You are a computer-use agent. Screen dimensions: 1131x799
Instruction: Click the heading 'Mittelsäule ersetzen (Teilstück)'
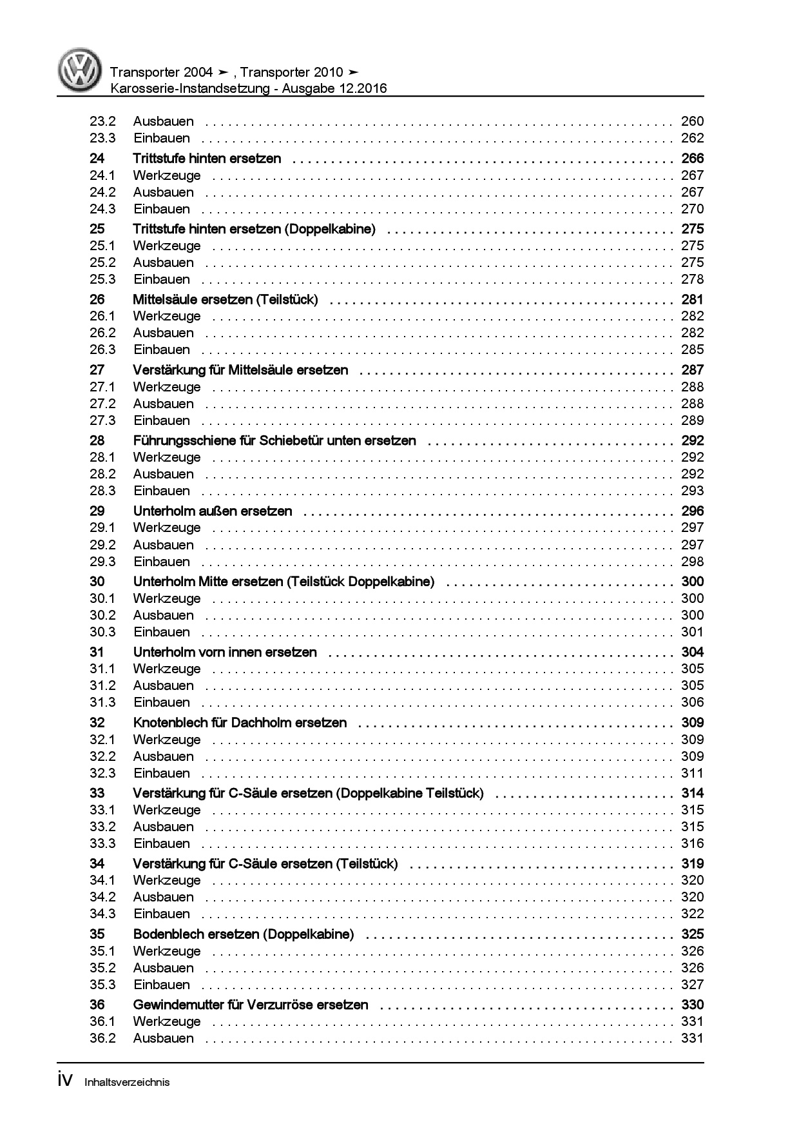point(225,299)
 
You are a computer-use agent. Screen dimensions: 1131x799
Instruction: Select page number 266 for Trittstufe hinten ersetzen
point(692,158)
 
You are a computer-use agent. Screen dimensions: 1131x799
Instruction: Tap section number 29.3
point(102,562)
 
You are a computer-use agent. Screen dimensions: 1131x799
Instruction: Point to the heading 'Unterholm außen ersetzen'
point(213,511)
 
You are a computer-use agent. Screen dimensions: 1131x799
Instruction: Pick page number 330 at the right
point(692,1005)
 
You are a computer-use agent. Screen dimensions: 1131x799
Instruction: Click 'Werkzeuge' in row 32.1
point(167,740)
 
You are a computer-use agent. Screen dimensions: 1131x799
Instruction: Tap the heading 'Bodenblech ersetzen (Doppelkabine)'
point(243,934)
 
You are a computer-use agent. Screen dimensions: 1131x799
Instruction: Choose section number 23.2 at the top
point(102,121)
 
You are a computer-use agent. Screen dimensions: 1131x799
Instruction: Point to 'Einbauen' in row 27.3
point(162,420)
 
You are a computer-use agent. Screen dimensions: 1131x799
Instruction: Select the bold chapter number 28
point(97,440)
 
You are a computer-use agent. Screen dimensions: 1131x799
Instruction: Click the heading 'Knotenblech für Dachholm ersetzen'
point(240,723)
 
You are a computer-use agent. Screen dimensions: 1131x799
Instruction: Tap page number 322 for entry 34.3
point(692,914)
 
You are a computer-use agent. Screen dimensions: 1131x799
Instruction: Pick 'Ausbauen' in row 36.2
point(163,1038)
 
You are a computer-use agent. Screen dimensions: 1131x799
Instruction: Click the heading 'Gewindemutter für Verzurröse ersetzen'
point(251,1005)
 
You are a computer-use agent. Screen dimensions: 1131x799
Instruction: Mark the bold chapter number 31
point(97,652)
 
